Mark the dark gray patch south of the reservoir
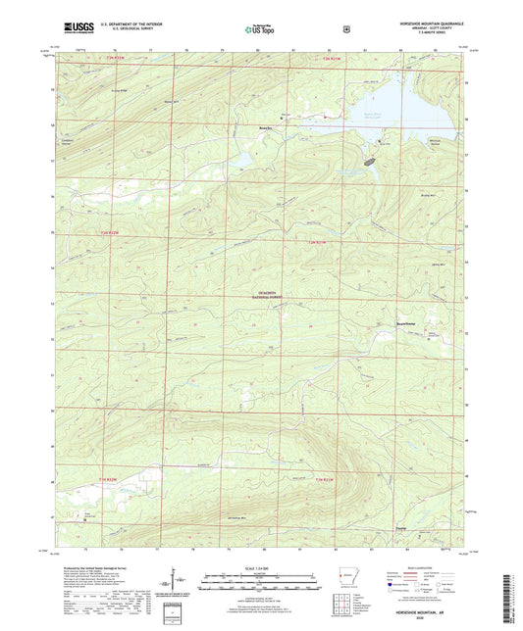[371, 159]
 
